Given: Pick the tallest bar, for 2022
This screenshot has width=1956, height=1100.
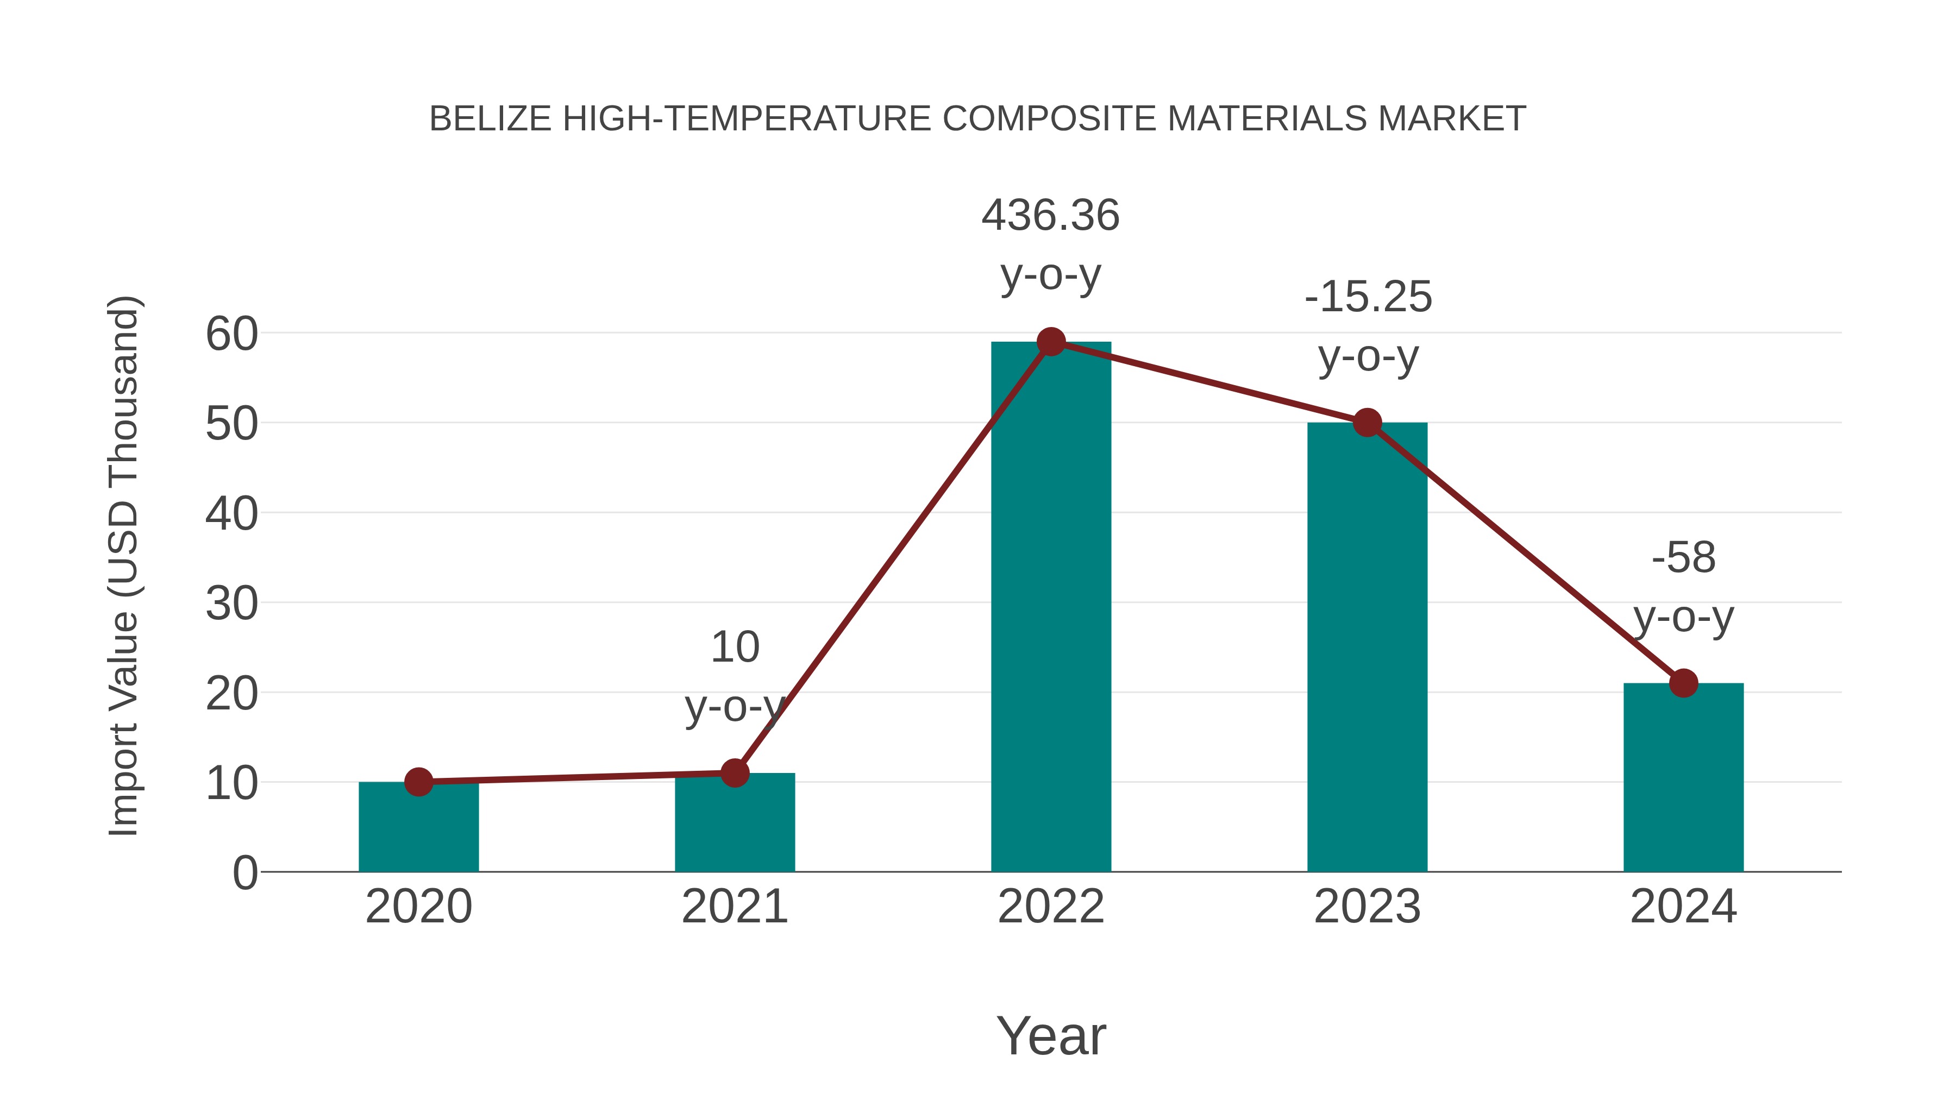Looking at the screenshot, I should (1051, 607).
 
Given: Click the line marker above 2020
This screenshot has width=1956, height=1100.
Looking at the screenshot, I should (418, 782).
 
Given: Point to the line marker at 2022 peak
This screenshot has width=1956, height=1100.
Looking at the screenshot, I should (1051, 342).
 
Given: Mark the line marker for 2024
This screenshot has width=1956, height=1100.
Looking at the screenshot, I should (1683, 683).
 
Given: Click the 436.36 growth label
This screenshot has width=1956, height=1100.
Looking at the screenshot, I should (1050, 216).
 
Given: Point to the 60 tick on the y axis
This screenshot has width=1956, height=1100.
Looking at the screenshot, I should (231, 334).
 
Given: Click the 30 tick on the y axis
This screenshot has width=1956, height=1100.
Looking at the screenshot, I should (231, 604).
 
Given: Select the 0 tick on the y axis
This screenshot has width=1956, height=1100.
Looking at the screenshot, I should (244, 873).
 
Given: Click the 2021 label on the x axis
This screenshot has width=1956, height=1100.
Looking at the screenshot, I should (734, 907).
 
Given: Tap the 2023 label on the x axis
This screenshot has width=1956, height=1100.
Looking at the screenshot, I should (1367, 907).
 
